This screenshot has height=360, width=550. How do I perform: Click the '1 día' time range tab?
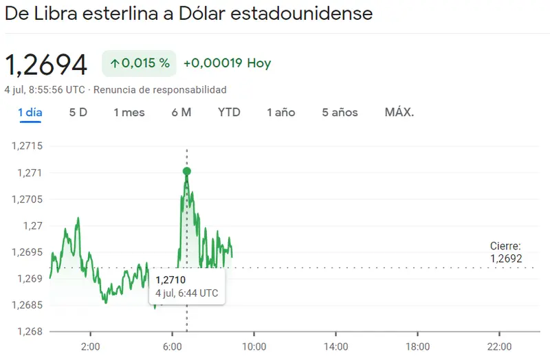30,112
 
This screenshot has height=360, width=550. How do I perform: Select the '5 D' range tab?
78,112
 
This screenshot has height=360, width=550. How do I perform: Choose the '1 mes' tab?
129,112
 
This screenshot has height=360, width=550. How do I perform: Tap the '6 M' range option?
181,112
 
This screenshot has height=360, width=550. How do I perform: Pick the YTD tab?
229,112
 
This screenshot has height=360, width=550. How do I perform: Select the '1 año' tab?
281,112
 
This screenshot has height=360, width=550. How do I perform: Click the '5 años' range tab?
340,112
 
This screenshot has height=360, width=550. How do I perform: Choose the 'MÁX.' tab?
399,112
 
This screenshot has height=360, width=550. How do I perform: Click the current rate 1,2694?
47,65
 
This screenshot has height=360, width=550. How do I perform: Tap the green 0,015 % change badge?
140,63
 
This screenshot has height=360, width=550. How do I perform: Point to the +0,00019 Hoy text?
227,63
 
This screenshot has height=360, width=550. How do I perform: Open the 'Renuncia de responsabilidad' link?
160,90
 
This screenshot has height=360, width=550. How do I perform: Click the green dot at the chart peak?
187,171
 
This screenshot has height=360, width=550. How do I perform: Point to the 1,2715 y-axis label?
27,146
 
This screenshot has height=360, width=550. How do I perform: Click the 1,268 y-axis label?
30,332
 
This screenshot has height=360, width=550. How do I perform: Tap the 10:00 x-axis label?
254,346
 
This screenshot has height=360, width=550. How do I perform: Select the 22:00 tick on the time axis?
499,346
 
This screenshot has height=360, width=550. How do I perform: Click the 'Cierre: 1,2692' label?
506,252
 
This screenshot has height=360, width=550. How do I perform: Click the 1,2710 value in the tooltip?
170,280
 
